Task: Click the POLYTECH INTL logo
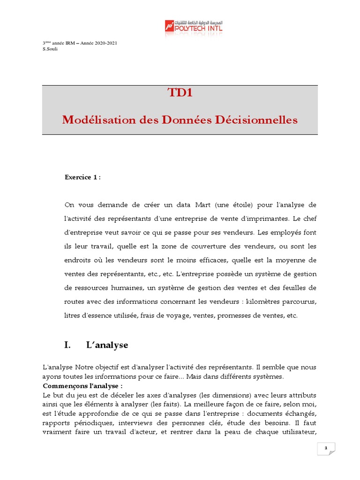tap(194, 26)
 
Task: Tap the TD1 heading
tap(180, 93)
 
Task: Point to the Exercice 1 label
tap(82, 177)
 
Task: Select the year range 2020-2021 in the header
tap(106, 43)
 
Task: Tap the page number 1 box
tap(326, 449)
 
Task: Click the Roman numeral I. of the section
tap(67, 345)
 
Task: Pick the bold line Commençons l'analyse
tap(82, 386)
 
